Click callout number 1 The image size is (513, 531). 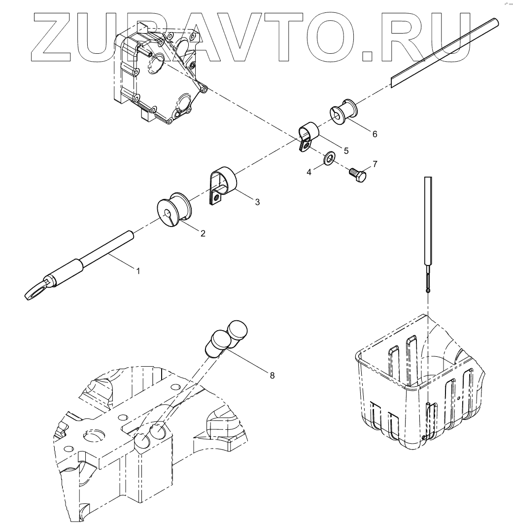click(138, 271)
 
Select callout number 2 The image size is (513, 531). click(203, 233)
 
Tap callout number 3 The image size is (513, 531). click(257, 201)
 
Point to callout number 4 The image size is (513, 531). click(309, 172)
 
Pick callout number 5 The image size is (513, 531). click(346, 151)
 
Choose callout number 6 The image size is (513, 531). click(375, 134)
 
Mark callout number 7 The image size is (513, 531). click(375, 163)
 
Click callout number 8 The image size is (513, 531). click(272, 376)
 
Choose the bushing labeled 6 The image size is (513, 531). click(342, 111)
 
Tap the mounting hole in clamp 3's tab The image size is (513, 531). click(216, 198)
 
